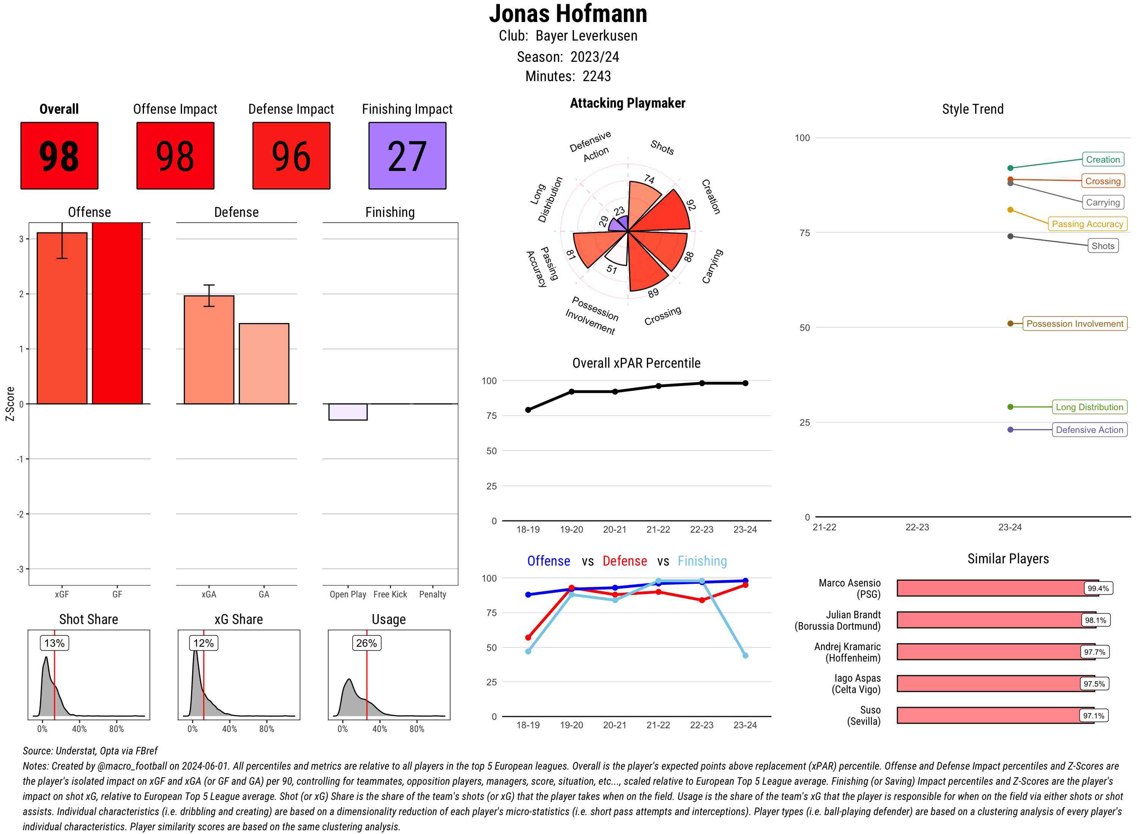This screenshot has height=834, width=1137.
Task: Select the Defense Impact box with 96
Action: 291,155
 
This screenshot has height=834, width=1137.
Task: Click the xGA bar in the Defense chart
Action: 209,350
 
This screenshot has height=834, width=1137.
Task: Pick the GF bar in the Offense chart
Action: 117,313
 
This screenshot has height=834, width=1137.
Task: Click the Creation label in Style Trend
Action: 1102,160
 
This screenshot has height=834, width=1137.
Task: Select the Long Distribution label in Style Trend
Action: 1089,407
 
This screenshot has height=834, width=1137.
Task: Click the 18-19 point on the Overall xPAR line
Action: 528,410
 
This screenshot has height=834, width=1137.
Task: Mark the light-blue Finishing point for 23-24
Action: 745,655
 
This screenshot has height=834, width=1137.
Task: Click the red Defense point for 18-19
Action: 528,638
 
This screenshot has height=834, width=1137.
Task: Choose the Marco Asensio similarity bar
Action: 989,588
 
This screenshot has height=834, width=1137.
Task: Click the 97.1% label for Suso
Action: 1093,716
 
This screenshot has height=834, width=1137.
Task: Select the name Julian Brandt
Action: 853,615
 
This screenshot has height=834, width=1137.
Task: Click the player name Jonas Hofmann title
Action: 568,14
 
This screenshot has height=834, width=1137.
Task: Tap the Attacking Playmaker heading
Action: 627,103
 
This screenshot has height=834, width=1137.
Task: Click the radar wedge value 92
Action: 691,204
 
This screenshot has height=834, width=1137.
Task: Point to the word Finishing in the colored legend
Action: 702,561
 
